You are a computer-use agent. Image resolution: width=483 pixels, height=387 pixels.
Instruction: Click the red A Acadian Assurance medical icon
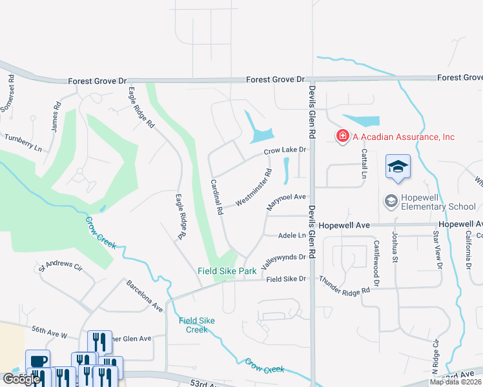pos(342,136)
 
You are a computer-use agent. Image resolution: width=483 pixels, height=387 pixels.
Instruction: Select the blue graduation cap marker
pos(398,166)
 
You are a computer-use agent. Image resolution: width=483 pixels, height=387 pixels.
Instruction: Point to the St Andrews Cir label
pos(61,266)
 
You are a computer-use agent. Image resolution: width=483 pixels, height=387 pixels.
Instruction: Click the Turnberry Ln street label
pos(23,143)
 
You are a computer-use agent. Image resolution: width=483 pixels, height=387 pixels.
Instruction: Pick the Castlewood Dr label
pos(376,255)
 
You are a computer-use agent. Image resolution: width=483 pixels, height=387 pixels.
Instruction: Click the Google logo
pos(21,379)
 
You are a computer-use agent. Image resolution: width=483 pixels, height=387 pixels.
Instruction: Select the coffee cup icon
pos(37,360)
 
